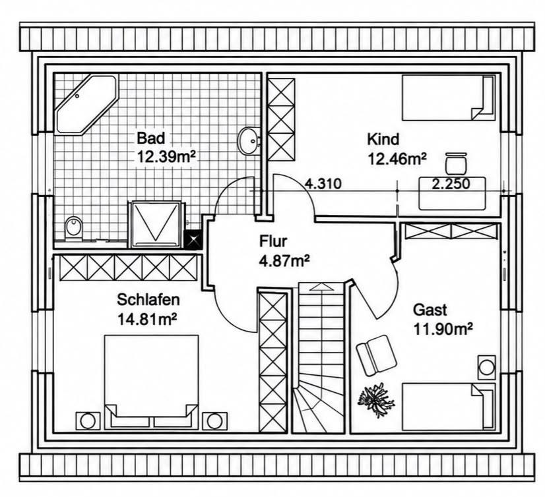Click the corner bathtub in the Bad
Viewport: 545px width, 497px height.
click(x=86, y=104)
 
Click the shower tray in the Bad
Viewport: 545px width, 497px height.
click(x=155, y=225)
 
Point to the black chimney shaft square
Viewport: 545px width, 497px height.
click(x=193, y=240)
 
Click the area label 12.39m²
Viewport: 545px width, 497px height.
click(x=166, y=157)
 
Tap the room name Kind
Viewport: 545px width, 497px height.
click(x=383, y=140)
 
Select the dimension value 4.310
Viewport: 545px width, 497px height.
click(x=323, y=183)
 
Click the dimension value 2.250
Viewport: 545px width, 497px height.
click(x=451, y=183)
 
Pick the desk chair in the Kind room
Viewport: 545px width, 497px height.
click(x=456, y=163)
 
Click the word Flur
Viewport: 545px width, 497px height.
click(x=273, y=241)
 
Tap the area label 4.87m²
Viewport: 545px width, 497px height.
click(x=284, y=260)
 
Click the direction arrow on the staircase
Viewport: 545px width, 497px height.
click(x=321, y=287)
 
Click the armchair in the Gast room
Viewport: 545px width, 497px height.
click(x=377, y=355)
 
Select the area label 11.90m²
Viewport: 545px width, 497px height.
click(x=443, y=329)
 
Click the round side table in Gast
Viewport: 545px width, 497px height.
click(x=487, y=367)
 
